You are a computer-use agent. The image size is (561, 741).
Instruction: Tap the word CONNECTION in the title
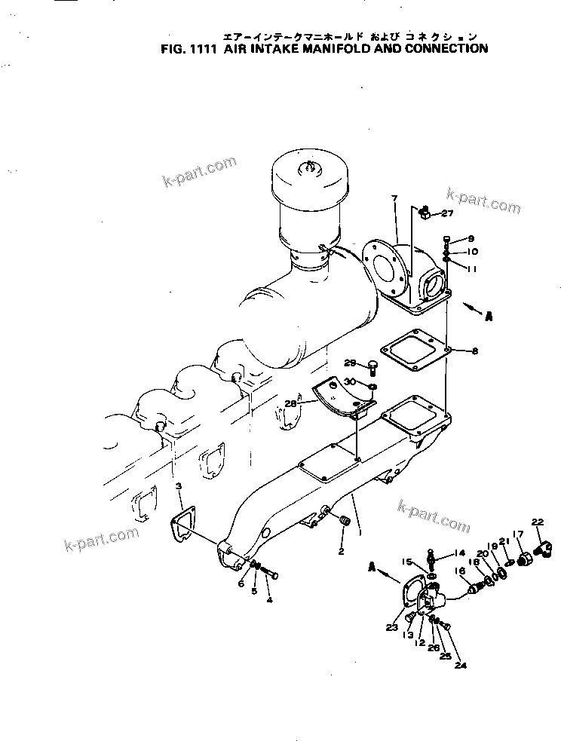point(445,49)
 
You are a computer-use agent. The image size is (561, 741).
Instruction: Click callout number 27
point(447,213)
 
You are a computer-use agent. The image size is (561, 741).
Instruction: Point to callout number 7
point(394,198)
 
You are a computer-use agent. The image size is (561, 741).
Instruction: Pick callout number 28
point(290,404)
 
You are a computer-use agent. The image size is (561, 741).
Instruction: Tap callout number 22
point(537,522)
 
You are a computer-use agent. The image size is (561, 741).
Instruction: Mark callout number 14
point(461,553)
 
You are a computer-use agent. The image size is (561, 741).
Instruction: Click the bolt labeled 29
point(372,368)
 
